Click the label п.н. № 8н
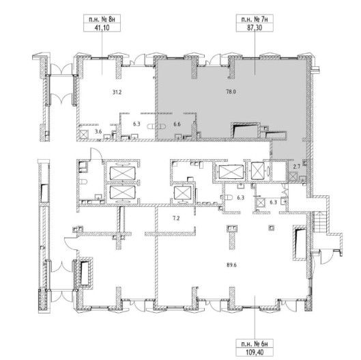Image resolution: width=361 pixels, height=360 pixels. pyautogui.click(x=102, y=19)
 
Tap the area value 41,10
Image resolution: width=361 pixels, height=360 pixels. pyautogui.click(x=102, y=27)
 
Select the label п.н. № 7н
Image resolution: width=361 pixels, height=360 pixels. pyautogui.click(x=255, y=19)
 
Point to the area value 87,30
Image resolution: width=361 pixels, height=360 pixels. pyautogui.click(x=255, y=27)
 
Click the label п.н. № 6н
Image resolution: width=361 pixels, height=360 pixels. pyautogui.click(x=255, y=344)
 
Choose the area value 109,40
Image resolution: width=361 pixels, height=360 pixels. pyautogui.click(x=255, y=352)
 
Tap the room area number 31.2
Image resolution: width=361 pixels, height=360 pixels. pyautogui.click(x=117, y=92)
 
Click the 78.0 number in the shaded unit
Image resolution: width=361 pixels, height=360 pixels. pyautogui.click(x=231, y=92)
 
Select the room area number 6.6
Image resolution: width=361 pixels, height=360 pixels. pyautogui.click(x=177, y=124)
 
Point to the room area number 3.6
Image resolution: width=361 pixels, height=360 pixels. pyautogui.click(x=98, y=132)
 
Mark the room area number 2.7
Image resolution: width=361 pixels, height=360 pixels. pyautogui.click(x=297, y=166)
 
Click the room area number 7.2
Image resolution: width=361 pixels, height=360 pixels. pyautogui.click(x=176, y=218)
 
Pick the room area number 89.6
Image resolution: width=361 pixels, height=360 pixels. pyautogui.click(x=231, y=265)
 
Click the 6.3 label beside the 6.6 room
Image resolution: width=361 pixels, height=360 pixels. pyautogui.click(x=136, y=124)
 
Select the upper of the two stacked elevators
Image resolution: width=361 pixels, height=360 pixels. pyautogui.click(x=122, y=173)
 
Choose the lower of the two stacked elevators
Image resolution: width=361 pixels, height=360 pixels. pyautogui.click(x=122, y=192)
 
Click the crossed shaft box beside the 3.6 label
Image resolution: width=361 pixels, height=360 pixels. pyautogui.click(x=83, y=135)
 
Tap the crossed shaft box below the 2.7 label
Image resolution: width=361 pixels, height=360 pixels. pyautogui.click(x=293, y=177)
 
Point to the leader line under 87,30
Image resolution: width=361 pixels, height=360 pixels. pyautogui.click(x=255, y=53)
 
